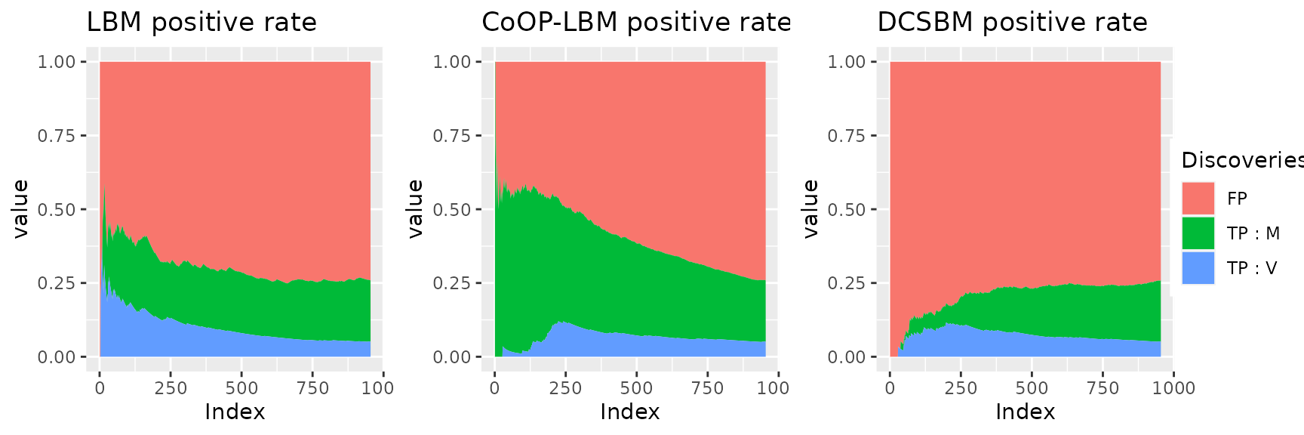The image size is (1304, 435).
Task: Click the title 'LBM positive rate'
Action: tap(201, 23)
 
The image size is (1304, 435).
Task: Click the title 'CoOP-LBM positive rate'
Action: tap(636, 23)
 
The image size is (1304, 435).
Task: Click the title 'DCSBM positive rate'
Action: tap(1012, 23)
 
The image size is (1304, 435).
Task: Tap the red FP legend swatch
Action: tap(1198, 199)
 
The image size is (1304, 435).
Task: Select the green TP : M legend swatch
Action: tap(1198, 233)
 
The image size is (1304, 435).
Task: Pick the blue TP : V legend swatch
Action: tap(1198, 268)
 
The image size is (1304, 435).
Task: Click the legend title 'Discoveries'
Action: tap(1241, 160)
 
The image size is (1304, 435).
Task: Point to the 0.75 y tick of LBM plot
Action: tap(57, 136)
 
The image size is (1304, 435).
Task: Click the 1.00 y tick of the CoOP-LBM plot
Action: tap(451, 62)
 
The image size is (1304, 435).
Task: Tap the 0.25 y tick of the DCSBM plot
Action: tap(847, 283)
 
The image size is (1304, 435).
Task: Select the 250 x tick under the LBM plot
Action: tap(171, 388)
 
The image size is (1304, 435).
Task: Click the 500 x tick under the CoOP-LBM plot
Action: tap(636, 388)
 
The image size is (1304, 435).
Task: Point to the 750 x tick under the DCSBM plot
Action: tap(1103, 388)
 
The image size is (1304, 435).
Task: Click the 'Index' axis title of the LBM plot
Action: tap(235, 412)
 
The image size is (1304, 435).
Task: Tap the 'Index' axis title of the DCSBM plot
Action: tap(1025, 412)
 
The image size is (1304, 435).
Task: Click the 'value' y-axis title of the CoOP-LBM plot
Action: tap(416, 209)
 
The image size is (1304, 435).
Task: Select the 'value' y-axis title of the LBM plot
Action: tap(20, 209)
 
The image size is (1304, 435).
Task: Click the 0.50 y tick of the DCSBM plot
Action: tap(847, 210)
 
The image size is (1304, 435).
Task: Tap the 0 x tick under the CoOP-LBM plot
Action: tap(494, 388)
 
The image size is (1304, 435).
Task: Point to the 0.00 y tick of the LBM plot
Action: tap(57, 357)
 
